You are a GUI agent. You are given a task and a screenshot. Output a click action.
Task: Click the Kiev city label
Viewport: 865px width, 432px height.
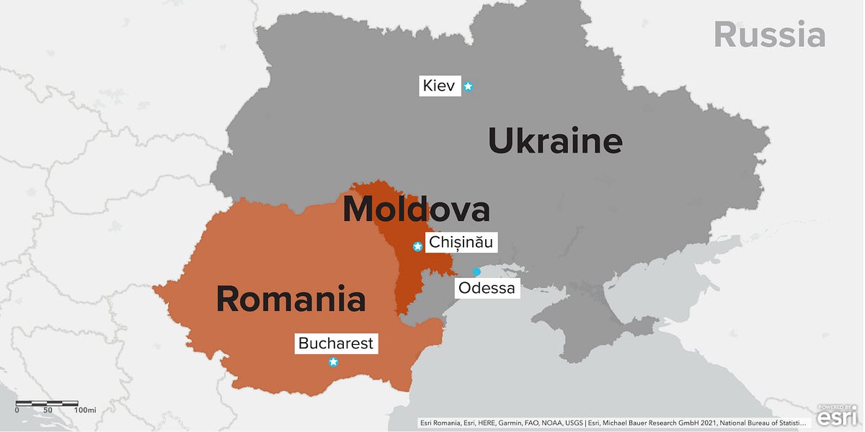coord(439,86)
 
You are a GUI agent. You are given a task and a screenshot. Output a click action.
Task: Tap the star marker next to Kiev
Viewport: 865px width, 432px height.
coord(468,86)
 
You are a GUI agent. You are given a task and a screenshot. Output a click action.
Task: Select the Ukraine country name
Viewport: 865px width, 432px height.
coord(554,141)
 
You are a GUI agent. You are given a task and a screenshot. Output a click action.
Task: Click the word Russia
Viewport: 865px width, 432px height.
coord(769,35)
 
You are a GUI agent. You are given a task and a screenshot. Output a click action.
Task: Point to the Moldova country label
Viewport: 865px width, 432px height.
coord(416,210)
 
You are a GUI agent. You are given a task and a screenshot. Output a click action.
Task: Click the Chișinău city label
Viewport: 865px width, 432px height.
coord(461,243)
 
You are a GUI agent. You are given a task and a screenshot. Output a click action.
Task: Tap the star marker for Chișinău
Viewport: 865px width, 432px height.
coord(417,246)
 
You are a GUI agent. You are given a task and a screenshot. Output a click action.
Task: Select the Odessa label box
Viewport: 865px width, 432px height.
coord(487,289)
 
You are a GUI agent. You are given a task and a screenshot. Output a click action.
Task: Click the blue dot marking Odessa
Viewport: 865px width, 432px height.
coord(476,271)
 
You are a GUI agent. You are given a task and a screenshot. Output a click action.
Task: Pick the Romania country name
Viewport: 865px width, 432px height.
coord(290,299)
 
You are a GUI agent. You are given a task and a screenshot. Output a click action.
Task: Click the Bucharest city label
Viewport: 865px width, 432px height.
coord(336,343)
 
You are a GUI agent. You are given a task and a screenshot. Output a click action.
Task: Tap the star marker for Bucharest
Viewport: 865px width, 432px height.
coord(333,362)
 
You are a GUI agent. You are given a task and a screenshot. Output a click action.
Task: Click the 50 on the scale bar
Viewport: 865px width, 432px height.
coord(48,410)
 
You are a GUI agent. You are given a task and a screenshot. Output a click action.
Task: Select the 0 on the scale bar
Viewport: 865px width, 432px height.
coord(17,410)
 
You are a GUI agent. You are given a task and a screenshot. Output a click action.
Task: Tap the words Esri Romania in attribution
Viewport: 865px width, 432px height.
coord(443,423)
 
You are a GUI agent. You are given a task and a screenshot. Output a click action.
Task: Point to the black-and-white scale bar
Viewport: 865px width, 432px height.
coord(47,401)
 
